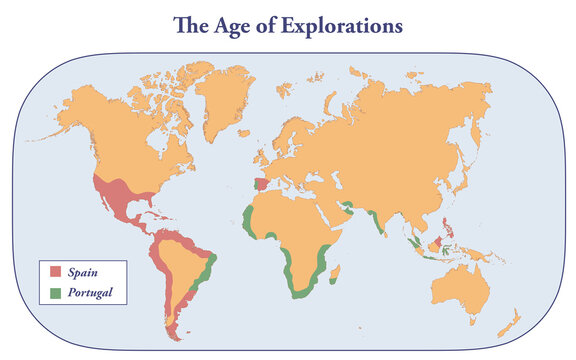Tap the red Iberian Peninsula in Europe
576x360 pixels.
(260, 185)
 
